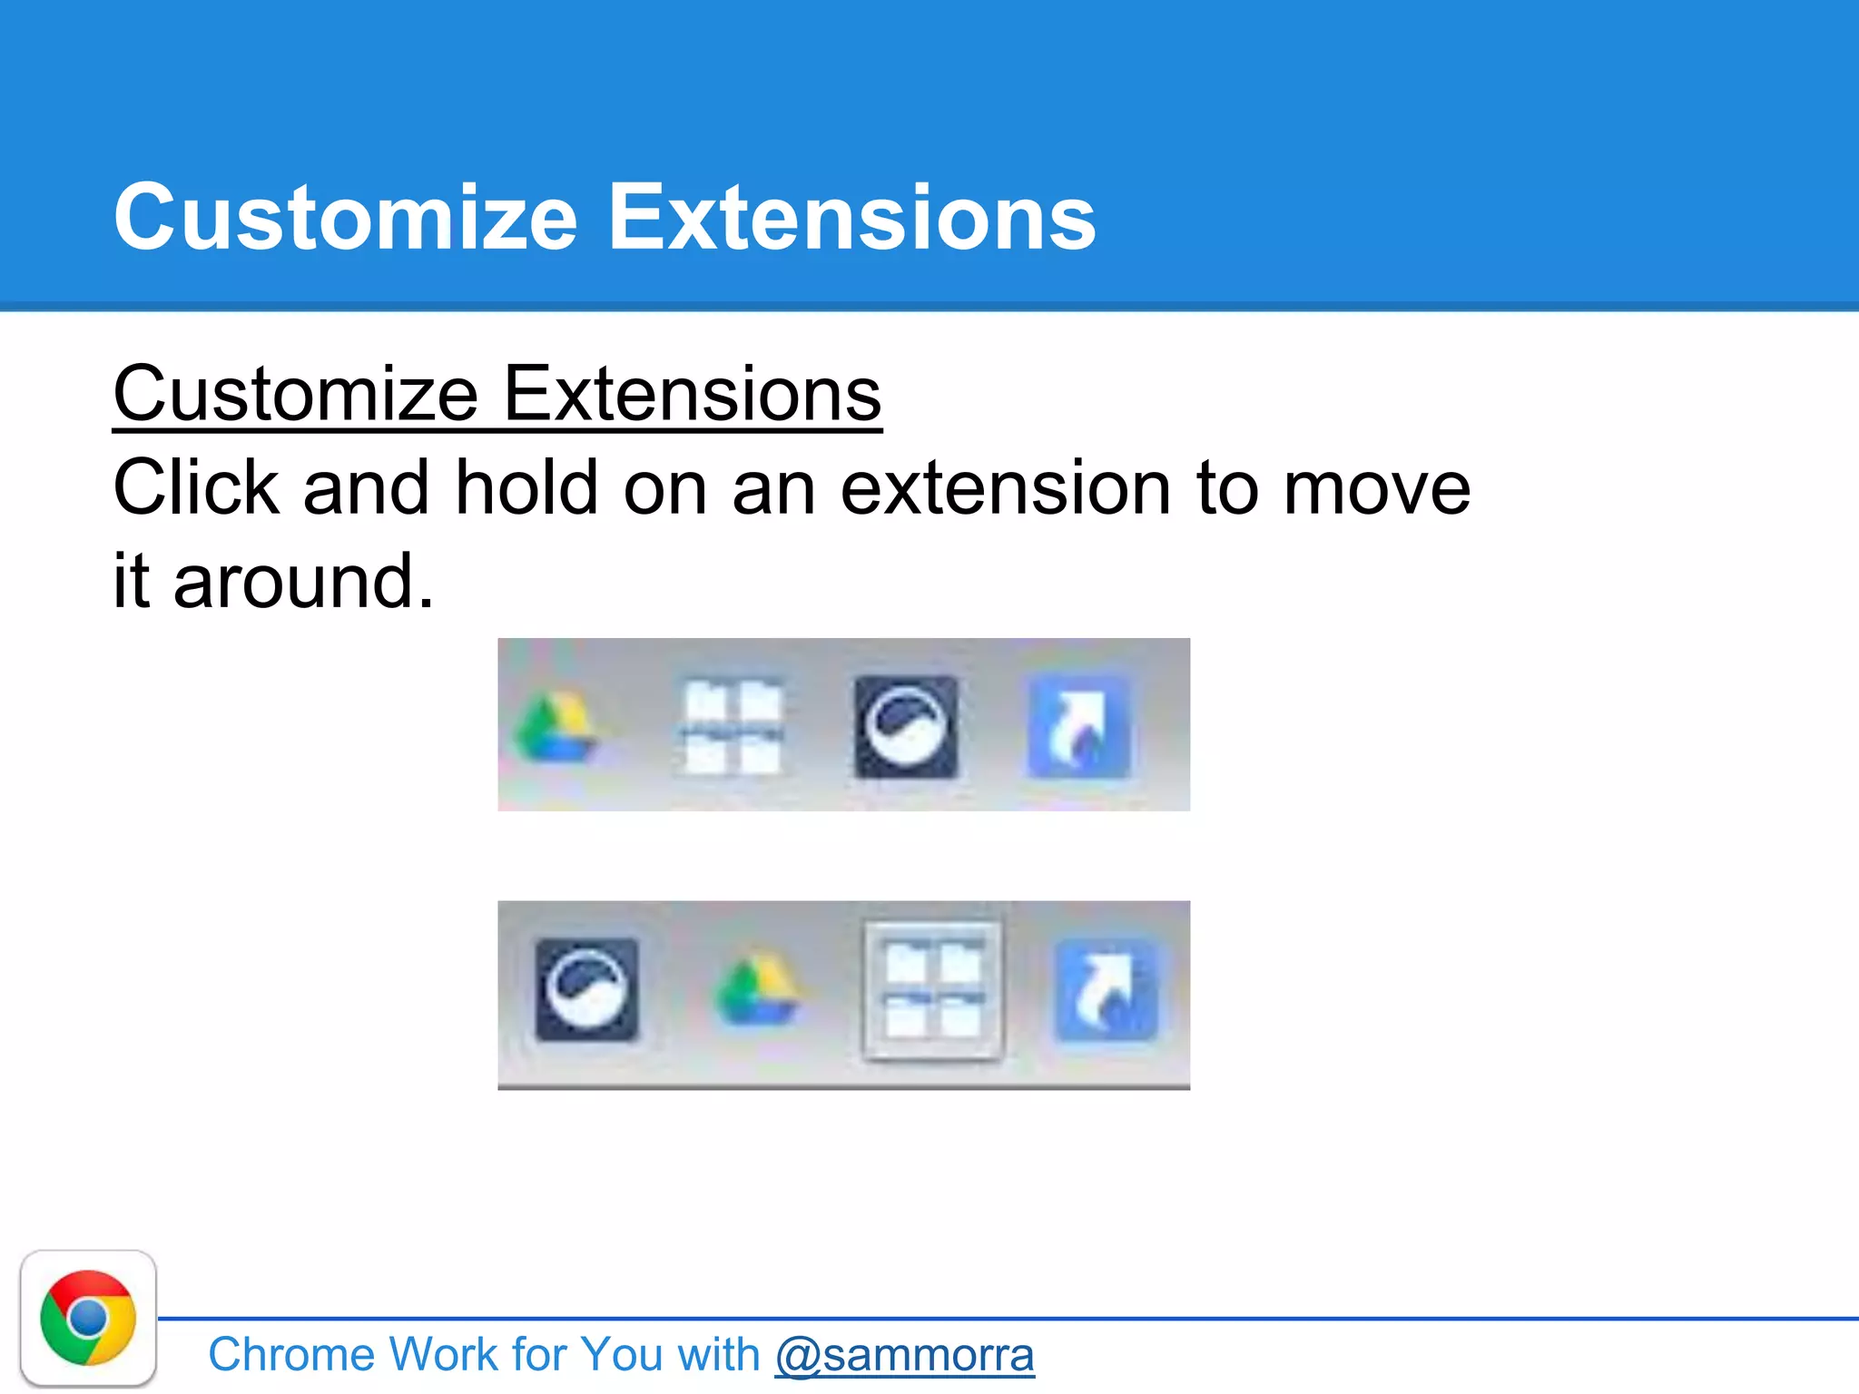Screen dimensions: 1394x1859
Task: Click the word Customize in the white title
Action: pyautogui.click(x=345, y=218)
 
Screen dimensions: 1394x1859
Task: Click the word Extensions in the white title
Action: pyautogui.click(x=851, y=218)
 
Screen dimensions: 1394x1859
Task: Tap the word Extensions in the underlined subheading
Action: pyautogui.click(x=692, y=395)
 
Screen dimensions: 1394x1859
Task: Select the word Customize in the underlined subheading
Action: pyautogui.click(x=296, y=395)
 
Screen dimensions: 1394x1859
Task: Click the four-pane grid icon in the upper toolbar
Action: pyautogui.click(x=732, y=727)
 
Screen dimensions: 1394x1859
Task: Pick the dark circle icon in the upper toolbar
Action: pyautogui.click(x=906, y=727)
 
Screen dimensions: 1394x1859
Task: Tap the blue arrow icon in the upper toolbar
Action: pyautogui.click(x=1078, y=727)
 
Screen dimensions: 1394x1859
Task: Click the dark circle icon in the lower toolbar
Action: pyautogui.click(x=586, y=990)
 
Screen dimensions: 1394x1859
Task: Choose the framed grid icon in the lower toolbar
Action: pyautogui.click(x=933, y=990)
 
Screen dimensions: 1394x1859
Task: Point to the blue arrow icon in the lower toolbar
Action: pyautogui.click(x=1106, y=990)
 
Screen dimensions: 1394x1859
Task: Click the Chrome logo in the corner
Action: pyautogui.click(x=88, y=1318)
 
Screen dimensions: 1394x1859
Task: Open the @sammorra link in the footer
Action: pyautogui.click(x=904, y=1355)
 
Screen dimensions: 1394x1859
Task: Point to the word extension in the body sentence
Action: pyautogui.click(x=1006, y=488)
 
